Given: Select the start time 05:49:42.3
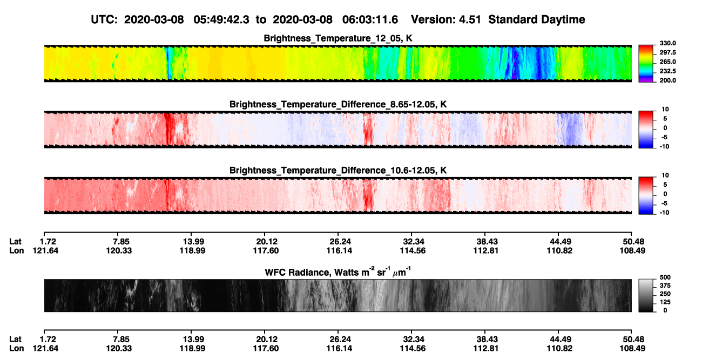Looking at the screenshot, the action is tap(221, 20).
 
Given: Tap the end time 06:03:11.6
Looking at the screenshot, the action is tap(370, 20).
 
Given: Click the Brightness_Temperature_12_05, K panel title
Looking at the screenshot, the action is tap(338, 38).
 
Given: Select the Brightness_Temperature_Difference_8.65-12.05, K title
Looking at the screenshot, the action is tap(338, 104).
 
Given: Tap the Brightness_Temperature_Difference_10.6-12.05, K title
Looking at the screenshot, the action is tap(338, 171).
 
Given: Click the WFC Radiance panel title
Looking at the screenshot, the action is tap(338, 272).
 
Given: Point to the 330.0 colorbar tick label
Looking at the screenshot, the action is tap(667, 43).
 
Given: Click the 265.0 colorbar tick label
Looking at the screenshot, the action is tap(667, 62).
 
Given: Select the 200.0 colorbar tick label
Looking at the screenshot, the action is tap(667, 80).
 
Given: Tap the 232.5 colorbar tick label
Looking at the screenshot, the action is tap(667, 71).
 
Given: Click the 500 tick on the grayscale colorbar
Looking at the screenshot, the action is tap(665, 277).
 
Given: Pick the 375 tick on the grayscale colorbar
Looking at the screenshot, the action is tap(665, 286).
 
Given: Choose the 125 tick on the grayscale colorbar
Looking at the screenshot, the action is tap(665, 302).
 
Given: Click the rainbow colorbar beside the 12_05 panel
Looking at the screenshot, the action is tap(646, 64).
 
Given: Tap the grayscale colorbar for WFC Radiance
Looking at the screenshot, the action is tap(646, 295).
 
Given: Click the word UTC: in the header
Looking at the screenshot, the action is tap(104, 20).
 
